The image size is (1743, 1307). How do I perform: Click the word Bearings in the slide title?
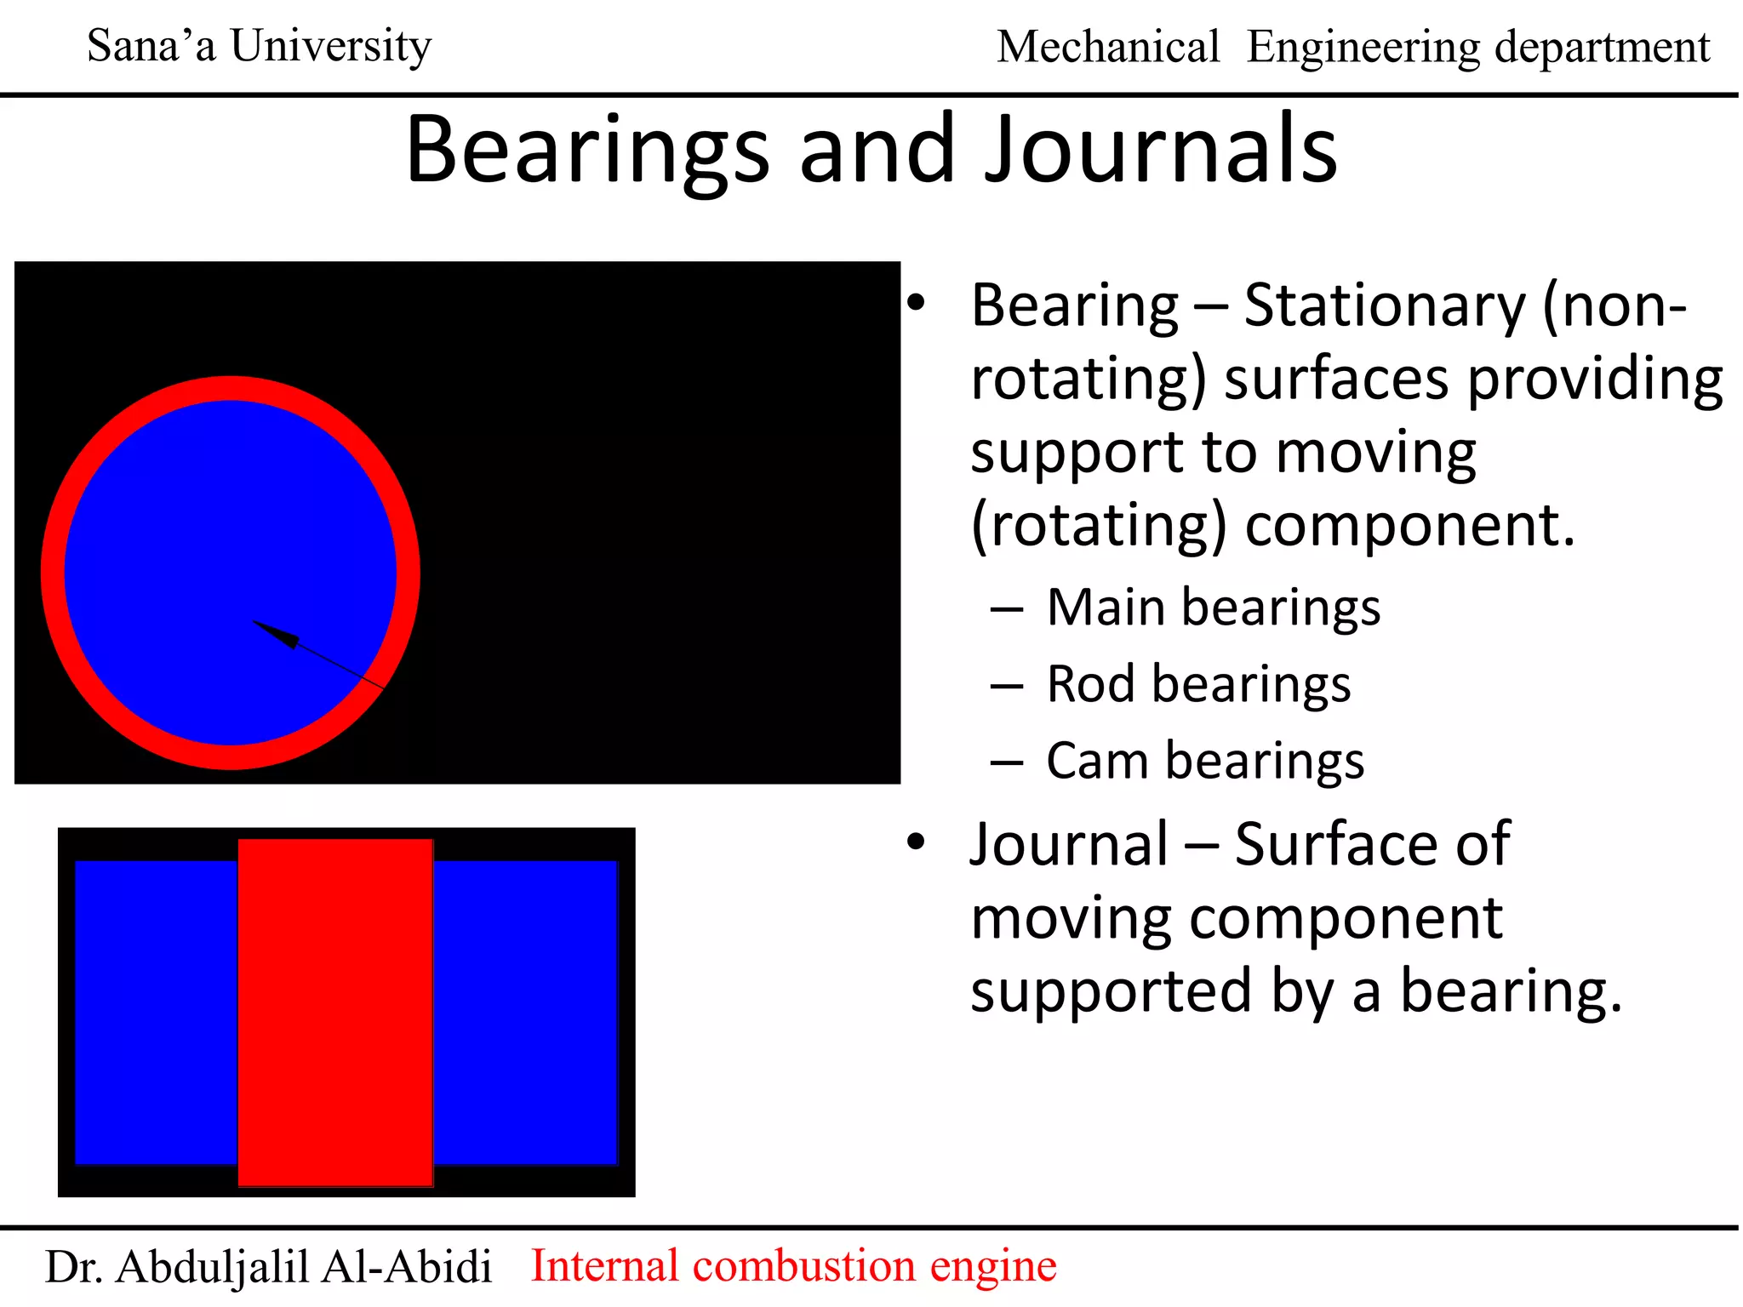click(x=587, y=151)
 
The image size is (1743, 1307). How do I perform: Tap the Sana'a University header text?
click(x=260, y=46)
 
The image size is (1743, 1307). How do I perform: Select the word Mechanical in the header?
click(x=1108, y=47)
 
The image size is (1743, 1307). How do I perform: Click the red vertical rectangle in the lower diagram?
click(x=335, y=1013)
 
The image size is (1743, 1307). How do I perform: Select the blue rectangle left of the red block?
click(x=156, y=1013)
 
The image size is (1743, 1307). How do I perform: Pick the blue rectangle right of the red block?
click(x=525, y=1013)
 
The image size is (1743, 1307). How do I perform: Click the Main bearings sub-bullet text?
click(x=1213, y=608)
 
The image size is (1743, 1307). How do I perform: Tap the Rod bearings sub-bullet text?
click(x=1198, y=685)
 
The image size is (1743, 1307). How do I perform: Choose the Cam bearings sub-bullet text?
click(x=1205, y=761)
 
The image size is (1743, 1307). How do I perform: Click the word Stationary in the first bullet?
click(x=1385, y=306)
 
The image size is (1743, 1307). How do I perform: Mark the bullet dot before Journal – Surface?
click(x=916, y=842)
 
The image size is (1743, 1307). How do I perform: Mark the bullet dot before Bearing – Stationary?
click(x=916, y=302)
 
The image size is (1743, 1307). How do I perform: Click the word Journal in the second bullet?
click(x=1070, y=845)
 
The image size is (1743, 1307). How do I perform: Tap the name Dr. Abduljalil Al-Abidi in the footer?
click(x=268, y=1267)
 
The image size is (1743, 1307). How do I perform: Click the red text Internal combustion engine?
click(x=793, y=1265)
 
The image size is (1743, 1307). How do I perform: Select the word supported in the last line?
click(x=1111, y=992)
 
